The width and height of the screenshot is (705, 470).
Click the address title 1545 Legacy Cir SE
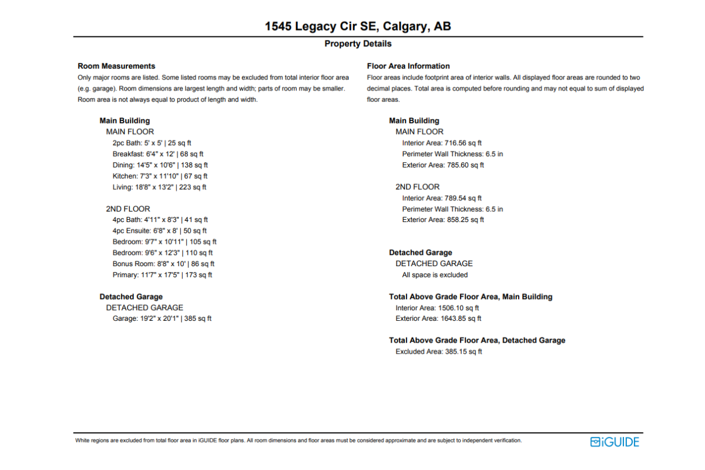[358, 26]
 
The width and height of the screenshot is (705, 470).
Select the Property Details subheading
[358, 44]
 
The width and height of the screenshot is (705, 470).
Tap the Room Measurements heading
[116, 66]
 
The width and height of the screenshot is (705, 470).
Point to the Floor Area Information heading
[408, 66]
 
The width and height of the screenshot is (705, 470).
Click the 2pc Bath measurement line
[152, 143]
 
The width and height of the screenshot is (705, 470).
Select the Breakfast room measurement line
[158, 154]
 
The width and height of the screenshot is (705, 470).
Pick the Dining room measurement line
[160, 165]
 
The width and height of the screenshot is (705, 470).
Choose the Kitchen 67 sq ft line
[160, 176]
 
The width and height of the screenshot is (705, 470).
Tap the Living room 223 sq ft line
[159, 187]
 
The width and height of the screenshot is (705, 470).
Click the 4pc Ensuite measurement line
[160, 231]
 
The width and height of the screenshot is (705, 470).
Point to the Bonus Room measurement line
[163, 264]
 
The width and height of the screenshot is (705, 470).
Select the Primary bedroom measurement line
[162, 275]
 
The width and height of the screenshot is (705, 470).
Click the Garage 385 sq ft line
[162, 318]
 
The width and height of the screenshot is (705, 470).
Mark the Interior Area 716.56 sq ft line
[442, 143]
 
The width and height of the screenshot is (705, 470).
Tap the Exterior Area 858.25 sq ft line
[443, 220]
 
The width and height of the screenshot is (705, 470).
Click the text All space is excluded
[435, 275]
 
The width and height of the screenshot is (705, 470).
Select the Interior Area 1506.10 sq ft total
[437, 308]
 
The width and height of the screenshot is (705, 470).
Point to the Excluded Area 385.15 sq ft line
[439, 351]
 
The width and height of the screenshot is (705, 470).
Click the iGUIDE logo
[615, 442]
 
